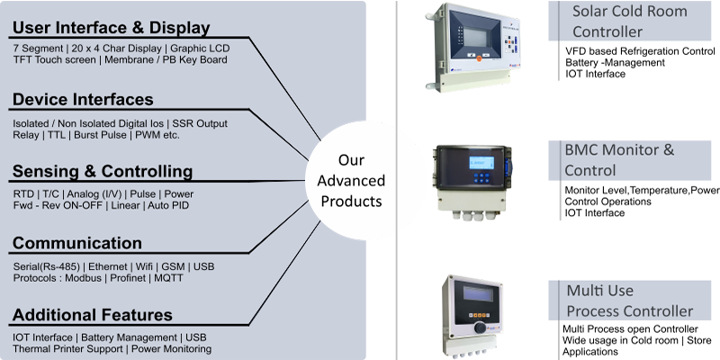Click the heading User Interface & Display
111,28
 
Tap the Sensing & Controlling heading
102,171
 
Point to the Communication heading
76,243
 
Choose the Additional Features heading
92,315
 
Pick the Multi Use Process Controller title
629,301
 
